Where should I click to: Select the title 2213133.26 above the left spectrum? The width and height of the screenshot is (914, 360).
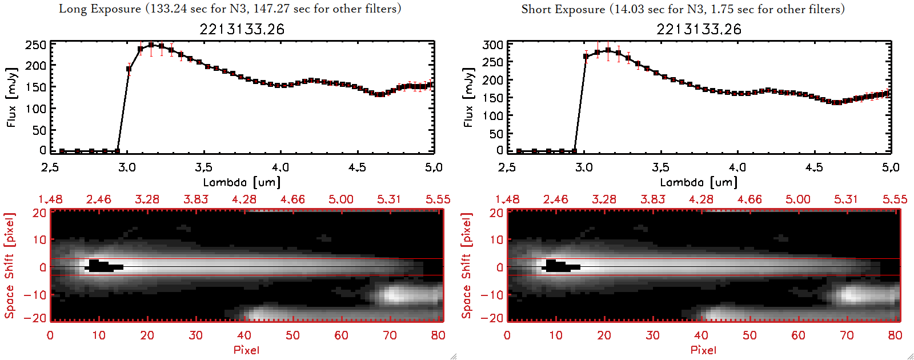click(242, 29)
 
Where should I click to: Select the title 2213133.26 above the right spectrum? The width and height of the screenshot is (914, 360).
click(699, 29)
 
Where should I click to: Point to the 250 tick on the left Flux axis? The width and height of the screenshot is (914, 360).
click(35, 45)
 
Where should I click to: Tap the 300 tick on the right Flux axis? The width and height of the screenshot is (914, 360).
click(492, 45)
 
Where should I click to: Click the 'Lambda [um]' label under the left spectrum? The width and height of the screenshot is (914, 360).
click(242, 182)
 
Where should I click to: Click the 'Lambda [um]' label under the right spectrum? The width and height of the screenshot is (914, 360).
click(699, 182)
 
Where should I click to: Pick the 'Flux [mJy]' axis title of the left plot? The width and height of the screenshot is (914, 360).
click(12, 97)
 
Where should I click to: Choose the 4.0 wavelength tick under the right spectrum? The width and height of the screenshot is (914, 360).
click(737, 167)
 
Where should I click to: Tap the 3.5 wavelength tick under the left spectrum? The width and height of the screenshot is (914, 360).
click(203, 167)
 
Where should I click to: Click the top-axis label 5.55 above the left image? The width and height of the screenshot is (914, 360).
click(438, 199)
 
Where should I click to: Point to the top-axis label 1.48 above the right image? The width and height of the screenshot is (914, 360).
click(507, 199)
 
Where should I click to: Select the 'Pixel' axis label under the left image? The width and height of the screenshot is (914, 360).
click(246, 350)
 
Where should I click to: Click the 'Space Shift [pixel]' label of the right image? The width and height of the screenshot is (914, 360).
click(467, 266)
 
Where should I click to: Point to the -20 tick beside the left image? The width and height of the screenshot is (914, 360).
click(35, 318)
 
